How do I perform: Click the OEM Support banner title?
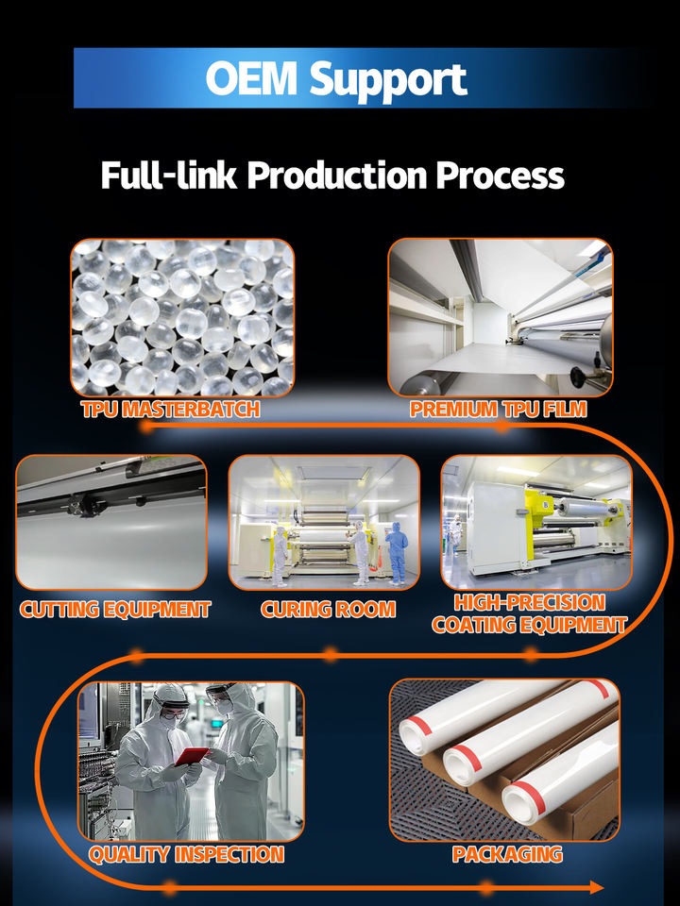[336, 78]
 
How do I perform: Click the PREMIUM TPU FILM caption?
[499, 410]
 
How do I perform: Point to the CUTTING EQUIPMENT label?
[114, 610]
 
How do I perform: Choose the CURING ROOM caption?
[328, 610]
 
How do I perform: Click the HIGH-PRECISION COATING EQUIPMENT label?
[529, 612]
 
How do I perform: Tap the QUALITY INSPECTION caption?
[186, 855]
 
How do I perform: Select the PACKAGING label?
[507, 855]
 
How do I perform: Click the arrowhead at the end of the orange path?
[596, 887]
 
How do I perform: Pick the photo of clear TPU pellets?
[182, 317]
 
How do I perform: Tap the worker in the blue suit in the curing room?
[397, 553]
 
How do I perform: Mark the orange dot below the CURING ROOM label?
[330, 653]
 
